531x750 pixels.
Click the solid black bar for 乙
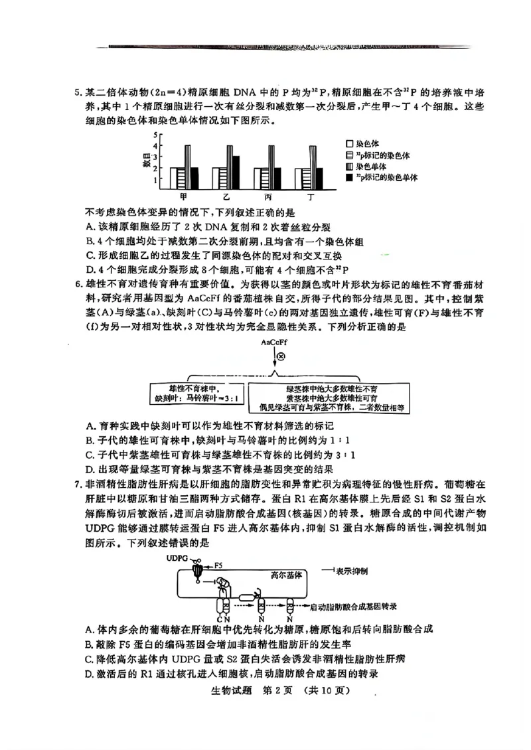tap(236, 173)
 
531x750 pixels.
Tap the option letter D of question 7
tap(90, 674)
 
